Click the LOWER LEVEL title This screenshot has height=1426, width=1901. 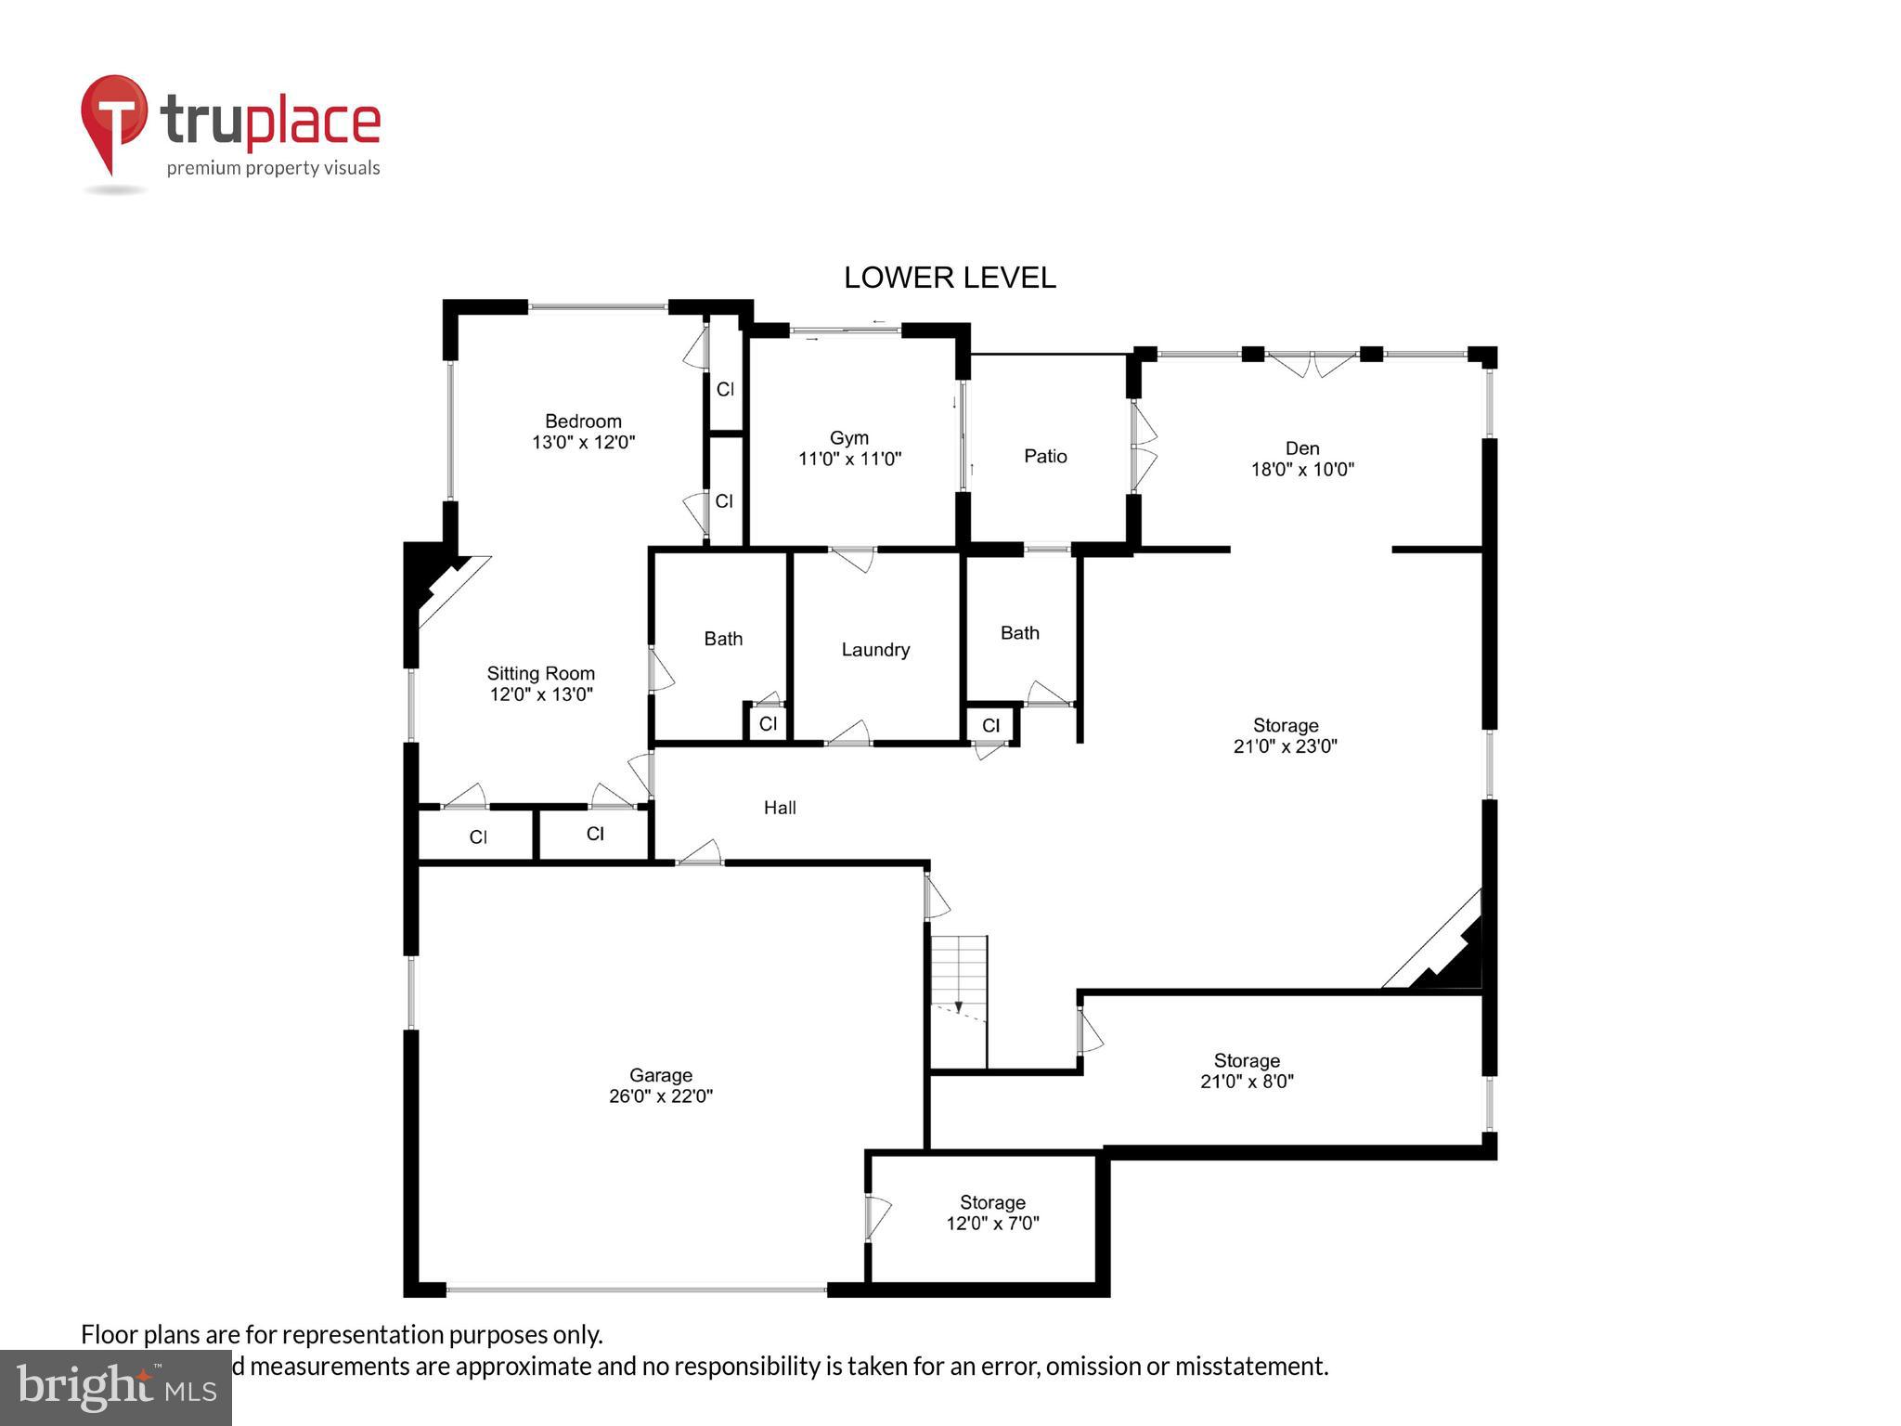(949, 278)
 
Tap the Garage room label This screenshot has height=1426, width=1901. (660, 1085)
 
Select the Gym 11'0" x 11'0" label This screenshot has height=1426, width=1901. (849, 447)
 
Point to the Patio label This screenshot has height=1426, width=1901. (1045, 456)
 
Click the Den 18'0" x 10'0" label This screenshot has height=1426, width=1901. (1301, 459)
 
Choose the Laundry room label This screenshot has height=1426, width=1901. (874, 650)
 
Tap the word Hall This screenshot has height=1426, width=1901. (780, 808)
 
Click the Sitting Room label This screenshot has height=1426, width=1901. (540, 683)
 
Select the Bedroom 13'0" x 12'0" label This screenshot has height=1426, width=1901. (583, 432)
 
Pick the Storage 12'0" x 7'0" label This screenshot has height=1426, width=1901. (992, 1212)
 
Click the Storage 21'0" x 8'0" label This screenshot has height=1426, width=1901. (1247, 1070)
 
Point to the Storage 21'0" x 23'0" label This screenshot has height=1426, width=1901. (1285, 735)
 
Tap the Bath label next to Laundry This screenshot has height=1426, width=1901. (723, 639)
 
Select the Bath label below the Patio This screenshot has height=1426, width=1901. (1019, 633)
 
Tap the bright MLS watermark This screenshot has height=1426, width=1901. (115, 1387)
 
